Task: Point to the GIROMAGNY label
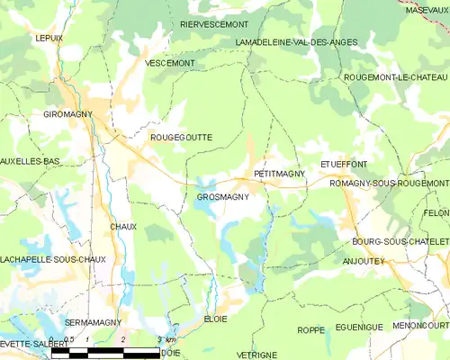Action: tap(69, 115)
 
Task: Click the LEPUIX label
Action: tap(49, 39)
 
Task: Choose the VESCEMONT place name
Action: tap(169, 63)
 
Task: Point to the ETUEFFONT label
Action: tap(344, 165)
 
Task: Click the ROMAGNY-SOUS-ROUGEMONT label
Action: tap(389, 184)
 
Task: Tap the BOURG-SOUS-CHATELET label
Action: tap(400, 242)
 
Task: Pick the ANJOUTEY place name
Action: tap(364, 261)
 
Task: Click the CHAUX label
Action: tap(123, 227)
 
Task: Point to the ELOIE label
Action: tap(214, 319)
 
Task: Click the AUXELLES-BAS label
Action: tap(30, 161)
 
